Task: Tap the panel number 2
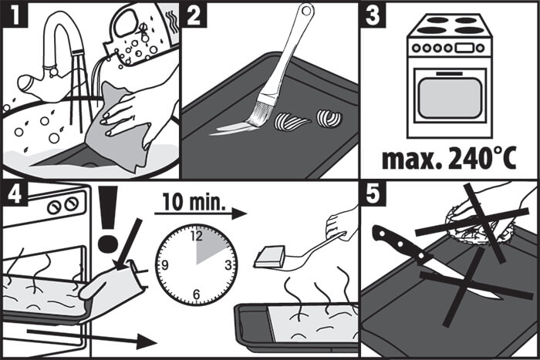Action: (x=194, y=15)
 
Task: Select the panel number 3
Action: (x=373, y=15)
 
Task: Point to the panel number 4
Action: (x=15, y=194)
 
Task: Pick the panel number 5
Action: (x=373, y=194)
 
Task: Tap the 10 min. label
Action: (x=194, y=202)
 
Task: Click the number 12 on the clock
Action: (x=197, y=236)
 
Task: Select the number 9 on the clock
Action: (x=164, y=265)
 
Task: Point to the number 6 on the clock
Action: (x=196, y=294)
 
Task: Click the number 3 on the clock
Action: (x=228, y=265)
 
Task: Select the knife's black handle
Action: (x=400, y=244)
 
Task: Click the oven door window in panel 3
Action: (x=450, y=98)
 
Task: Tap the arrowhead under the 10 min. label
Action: (x=238, y=214)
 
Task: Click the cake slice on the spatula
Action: (x=270, y=257)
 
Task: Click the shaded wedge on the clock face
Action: (x=210, y=248)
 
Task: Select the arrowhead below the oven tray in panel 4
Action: (x=147, y=341)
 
